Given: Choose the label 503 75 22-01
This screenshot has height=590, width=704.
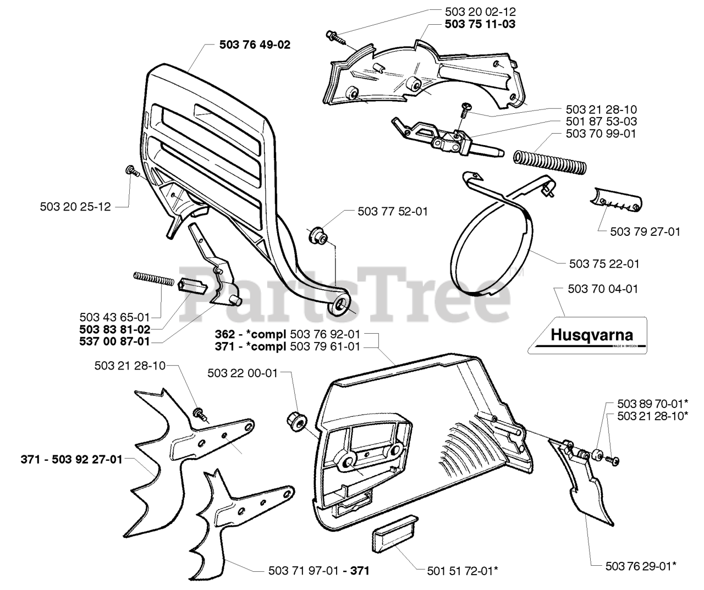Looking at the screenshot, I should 603,264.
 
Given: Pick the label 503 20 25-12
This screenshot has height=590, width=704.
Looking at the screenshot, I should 75,207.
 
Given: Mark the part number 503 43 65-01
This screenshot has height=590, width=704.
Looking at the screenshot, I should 114,317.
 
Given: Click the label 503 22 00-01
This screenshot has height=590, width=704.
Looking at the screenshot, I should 243,373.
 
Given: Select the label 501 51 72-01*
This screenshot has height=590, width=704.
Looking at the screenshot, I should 463,571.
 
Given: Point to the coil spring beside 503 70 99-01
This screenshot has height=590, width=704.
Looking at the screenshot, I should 551,161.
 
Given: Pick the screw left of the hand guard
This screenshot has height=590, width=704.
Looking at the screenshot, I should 132,170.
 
